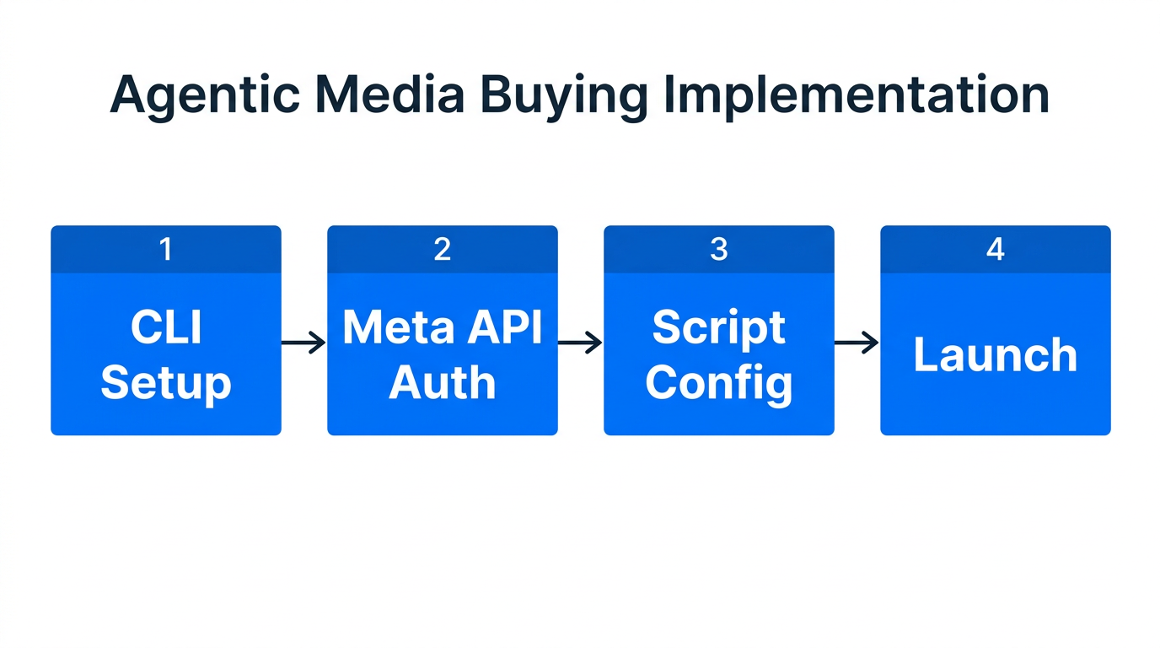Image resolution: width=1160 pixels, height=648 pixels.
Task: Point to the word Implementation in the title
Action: [x=856, y=96]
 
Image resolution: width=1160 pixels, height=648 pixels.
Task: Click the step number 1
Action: [x=166, y=249]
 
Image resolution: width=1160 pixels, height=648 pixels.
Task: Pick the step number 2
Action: [x=442, y=249]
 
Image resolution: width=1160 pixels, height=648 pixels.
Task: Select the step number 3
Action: [x=718, y=249]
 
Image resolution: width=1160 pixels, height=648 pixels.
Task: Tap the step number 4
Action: [x=995, y=249]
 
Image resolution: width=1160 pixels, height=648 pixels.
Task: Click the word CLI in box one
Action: [x=166, y=327]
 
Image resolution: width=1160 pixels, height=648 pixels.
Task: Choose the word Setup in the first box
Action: [x=166, y=383]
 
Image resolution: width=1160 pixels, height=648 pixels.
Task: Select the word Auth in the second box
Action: [x=442, y=383]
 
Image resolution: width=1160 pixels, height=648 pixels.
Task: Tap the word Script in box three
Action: [x=718, y=327]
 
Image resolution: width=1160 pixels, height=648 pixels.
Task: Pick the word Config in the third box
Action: [x=718, y=383]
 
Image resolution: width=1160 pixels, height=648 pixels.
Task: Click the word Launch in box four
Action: [x=995, y=355]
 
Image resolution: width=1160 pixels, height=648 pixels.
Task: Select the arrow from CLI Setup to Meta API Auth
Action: [x=303, y=343]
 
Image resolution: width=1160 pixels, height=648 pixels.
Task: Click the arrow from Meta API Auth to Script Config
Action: [x=580, y=343]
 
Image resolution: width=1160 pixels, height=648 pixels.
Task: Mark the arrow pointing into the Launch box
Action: [x=857, y=343]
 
